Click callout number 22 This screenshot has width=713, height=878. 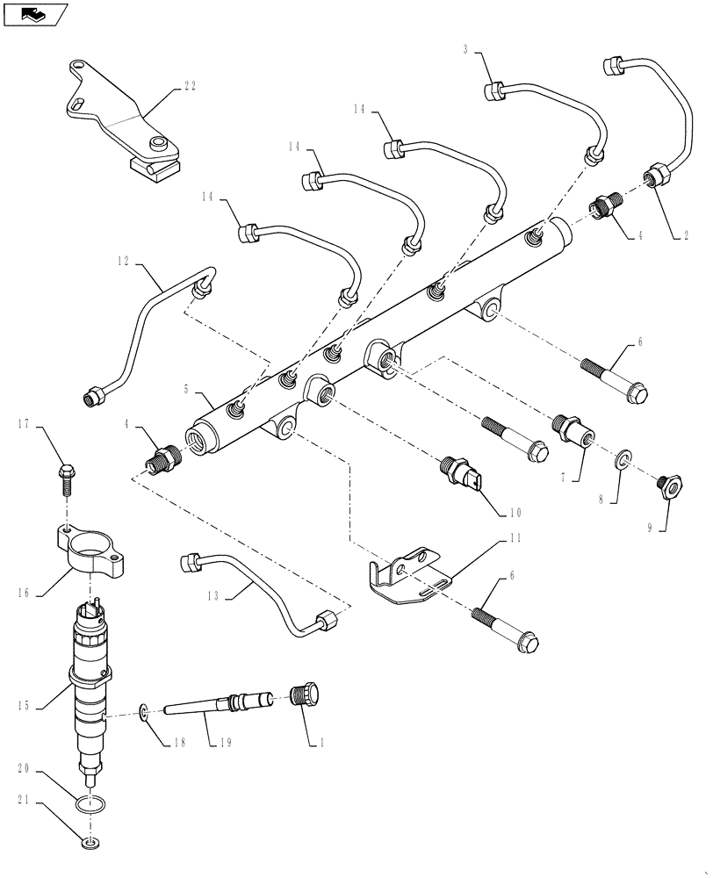pos(190,86)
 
